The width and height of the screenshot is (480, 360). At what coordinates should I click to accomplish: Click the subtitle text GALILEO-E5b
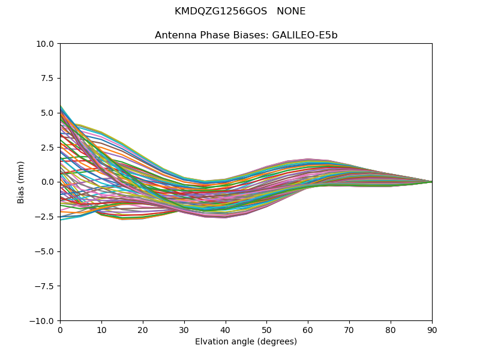pos(305,35)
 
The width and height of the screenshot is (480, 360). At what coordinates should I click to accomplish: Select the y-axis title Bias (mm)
pos(21,182)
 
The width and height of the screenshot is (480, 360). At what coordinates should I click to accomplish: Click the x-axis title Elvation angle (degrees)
pos(246,342)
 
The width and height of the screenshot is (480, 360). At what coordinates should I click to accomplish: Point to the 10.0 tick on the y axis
pos(47,44)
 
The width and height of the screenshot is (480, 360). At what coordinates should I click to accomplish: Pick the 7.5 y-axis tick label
pos(49,79)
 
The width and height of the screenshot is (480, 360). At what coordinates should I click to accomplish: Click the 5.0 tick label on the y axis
pos(49,113)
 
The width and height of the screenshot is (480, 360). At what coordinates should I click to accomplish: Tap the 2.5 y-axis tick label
pos(49,148)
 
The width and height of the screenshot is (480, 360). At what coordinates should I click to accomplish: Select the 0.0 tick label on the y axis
pos(49,182)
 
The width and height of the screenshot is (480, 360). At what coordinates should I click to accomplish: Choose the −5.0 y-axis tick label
pos(46,251)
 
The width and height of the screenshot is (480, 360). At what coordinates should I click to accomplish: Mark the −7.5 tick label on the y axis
pos(46,286)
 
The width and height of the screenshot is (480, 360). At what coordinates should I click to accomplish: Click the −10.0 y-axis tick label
pos(43,321)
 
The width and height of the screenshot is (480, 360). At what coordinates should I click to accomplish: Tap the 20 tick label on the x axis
pos(143,330)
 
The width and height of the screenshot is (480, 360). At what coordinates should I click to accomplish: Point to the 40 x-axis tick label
pos(226,330)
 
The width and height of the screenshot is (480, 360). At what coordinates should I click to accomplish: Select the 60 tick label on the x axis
pos(308,330)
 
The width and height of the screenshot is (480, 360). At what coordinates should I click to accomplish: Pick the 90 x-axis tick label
pos(432,330)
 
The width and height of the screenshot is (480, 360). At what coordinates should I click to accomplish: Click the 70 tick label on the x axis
pos(349,330)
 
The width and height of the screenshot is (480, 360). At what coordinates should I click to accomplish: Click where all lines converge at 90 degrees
pos(431,182)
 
